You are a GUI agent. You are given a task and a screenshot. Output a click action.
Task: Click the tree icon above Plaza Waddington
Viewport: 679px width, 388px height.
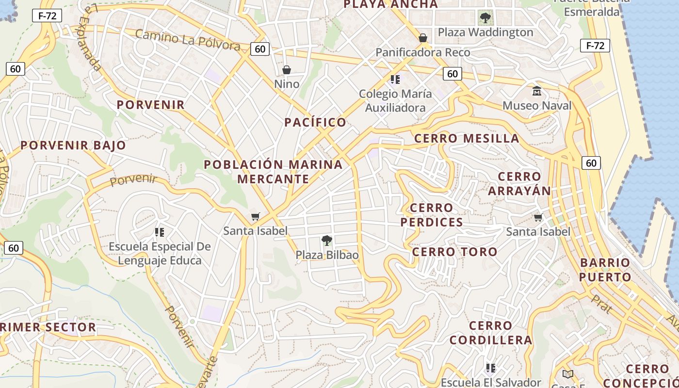(x=485, y=19)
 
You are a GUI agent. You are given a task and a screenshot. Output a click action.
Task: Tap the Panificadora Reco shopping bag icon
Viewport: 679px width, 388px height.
(x=423, y=38)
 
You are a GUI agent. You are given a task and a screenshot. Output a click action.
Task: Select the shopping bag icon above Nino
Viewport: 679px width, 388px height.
(x=287, y=70)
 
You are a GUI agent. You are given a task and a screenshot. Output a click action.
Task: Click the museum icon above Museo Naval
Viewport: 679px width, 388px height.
(x=537, y=91)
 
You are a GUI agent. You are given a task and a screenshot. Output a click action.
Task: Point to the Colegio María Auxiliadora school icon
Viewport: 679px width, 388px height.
(x=395, y=80)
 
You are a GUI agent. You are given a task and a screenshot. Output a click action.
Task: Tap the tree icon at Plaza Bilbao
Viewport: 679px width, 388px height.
(x=327, y=240)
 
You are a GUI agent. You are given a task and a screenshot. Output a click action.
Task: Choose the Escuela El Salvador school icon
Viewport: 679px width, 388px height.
(x=490, y=368)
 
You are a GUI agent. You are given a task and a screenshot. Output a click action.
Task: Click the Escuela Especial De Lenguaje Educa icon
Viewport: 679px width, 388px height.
(x=159, y=232)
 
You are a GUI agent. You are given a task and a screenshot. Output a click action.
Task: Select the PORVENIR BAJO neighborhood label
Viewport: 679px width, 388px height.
(x=73, y=145)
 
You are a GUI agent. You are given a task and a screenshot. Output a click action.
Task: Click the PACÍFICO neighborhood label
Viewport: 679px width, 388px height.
(x=315, y=122)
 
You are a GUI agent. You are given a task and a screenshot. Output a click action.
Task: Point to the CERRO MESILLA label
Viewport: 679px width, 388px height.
(x=467, y=139)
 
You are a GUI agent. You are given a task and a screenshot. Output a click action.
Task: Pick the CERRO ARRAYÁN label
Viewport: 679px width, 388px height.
(x=519, y=184)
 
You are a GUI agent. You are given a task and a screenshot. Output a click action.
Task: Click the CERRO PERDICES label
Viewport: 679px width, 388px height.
(x=432, y=215)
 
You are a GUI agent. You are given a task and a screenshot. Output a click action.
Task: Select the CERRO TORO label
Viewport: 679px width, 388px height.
(x=454, y=252)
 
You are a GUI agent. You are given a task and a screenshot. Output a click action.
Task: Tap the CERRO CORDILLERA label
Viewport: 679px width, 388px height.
(x=491, y=333)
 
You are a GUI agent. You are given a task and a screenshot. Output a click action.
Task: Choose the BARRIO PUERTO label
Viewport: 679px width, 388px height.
(x=605, y=270)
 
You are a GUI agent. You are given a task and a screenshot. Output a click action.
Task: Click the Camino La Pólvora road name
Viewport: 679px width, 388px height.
(x=188, y=40)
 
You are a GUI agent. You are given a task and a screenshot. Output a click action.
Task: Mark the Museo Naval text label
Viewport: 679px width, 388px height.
(x=537, y=106)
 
